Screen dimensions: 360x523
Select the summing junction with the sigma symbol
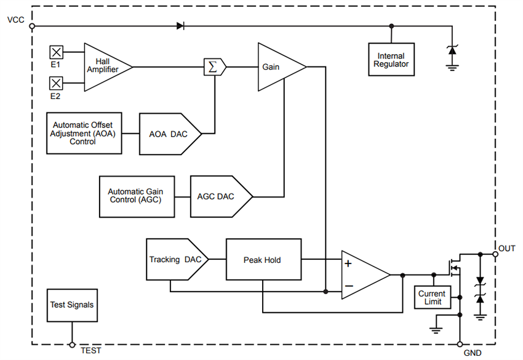(x=214, y=66)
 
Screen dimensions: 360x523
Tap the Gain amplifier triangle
(x=277, y=66)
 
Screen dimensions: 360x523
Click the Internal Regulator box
(x=392, y=60)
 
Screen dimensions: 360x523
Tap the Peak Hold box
(x=263, y=260)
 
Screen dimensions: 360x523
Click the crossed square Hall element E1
(x=56, y=51)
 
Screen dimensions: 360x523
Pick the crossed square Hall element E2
(x=56, y=82)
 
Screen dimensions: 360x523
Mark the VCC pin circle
(x=32, y=26)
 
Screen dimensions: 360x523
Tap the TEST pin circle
(x=72, y=345)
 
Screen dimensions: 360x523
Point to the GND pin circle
(x=460, y=345)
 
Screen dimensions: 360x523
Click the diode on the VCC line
(x=180, y=26)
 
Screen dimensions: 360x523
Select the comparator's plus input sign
(x=348, y=263)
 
